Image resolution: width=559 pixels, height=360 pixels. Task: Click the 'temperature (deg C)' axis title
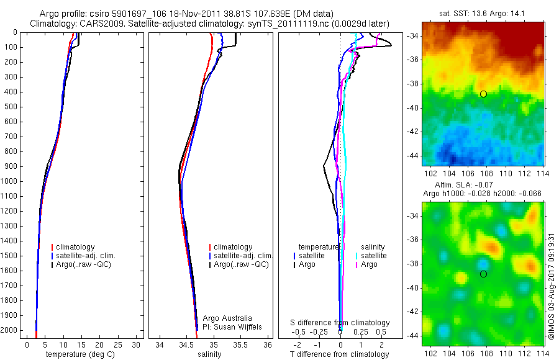tap(78, 354)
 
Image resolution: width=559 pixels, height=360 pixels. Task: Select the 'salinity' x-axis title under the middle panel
tap(208, 354)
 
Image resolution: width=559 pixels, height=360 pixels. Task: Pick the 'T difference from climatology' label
tap(340, 354)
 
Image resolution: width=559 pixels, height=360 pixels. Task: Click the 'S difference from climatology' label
tap(340, 323)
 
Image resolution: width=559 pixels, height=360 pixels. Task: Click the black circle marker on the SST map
tap(483, 94)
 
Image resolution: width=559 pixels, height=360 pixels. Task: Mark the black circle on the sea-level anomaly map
tap(483, 274)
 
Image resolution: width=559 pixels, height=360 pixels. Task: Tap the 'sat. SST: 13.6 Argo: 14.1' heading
tap(483, 12)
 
